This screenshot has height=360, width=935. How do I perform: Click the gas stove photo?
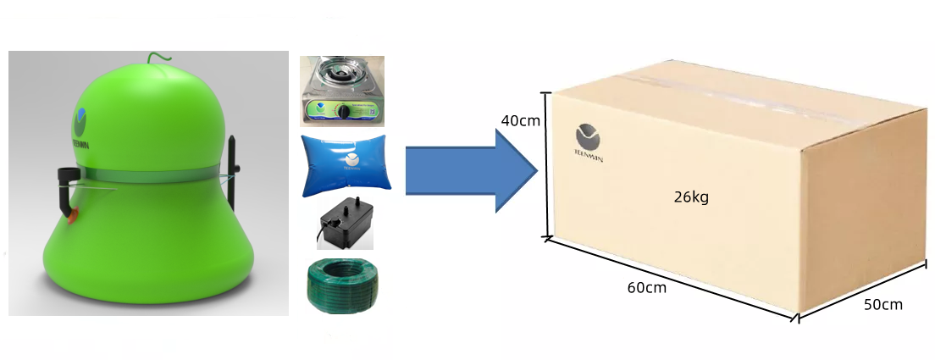(x=342, y=91)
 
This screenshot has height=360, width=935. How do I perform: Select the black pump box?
(x=342, y=224)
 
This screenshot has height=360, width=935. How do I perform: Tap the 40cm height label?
(x=520, y=121)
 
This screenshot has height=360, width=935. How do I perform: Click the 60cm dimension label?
(x=646, y=287)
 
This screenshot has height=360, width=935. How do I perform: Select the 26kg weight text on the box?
(x=691, y=198)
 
